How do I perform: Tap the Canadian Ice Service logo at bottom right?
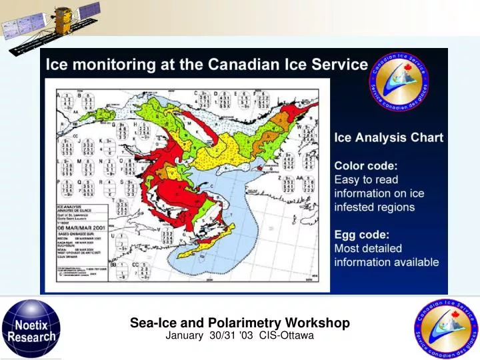[447, 327]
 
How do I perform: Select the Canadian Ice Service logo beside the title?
[400, 85]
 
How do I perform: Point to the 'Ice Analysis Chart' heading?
[388, 138]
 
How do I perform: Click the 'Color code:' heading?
[365, 165]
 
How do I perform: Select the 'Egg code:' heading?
[362, 234]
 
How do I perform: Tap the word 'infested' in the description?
[355, 207]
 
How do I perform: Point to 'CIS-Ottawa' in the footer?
[287, 335]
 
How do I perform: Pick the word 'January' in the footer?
[183, 335]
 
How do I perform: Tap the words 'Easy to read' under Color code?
[366, 179]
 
